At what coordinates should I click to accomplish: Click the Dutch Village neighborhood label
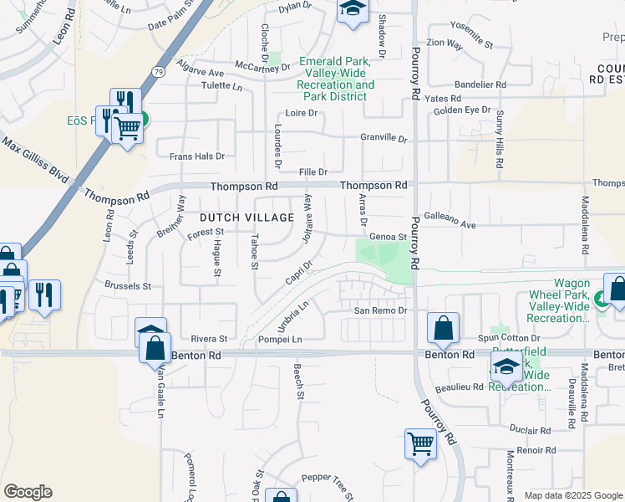(x=246, y=218)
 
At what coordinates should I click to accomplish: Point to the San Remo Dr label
(x=380, y=310)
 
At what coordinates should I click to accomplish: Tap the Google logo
(x=28, y=492)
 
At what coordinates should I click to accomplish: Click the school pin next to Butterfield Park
(x=506, y=366)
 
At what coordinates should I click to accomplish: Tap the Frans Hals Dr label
(x=197, y=156)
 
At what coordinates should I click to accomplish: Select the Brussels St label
(x=128, y=285)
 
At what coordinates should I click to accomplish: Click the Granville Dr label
(x=383, y=138)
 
